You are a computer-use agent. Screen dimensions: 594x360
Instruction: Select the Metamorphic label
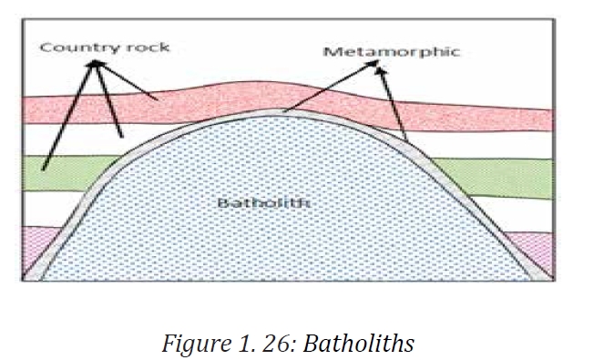tap(392, 52)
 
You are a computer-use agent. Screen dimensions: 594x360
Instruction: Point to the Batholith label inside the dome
tap(264, 202)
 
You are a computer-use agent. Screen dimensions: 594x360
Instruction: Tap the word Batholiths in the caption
tap(358, 343)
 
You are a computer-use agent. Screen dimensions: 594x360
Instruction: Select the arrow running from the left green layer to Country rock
tap(68, 115)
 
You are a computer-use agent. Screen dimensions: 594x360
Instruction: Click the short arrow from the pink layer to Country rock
tap(127, 80)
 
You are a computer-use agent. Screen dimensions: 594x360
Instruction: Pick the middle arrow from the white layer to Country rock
tap(108, 99)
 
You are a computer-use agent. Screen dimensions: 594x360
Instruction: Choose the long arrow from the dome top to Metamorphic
tap(331, 86)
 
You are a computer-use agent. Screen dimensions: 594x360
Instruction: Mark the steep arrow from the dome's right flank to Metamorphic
tap(392, 105)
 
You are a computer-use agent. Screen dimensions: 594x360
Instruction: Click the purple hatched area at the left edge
tap(38, 247)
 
